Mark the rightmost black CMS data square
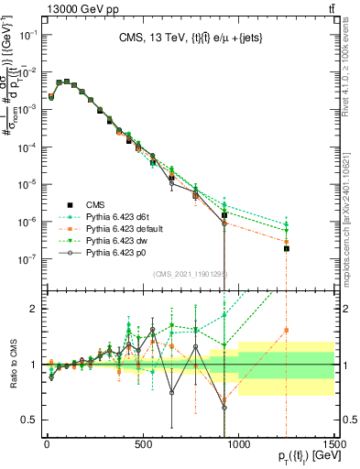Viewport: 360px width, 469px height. [x=287, y=248]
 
